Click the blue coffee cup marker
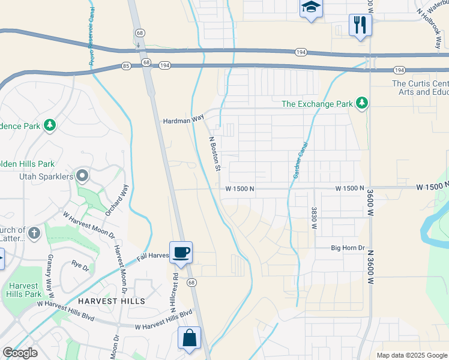181,252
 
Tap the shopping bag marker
190,337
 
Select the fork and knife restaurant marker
360,25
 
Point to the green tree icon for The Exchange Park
361,104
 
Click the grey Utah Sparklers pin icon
82,176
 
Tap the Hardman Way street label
184,121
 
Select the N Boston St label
214,154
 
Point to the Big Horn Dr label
348,248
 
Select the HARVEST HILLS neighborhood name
111,301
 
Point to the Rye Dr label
80,263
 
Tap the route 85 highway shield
125,65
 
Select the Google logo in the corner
20,353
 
